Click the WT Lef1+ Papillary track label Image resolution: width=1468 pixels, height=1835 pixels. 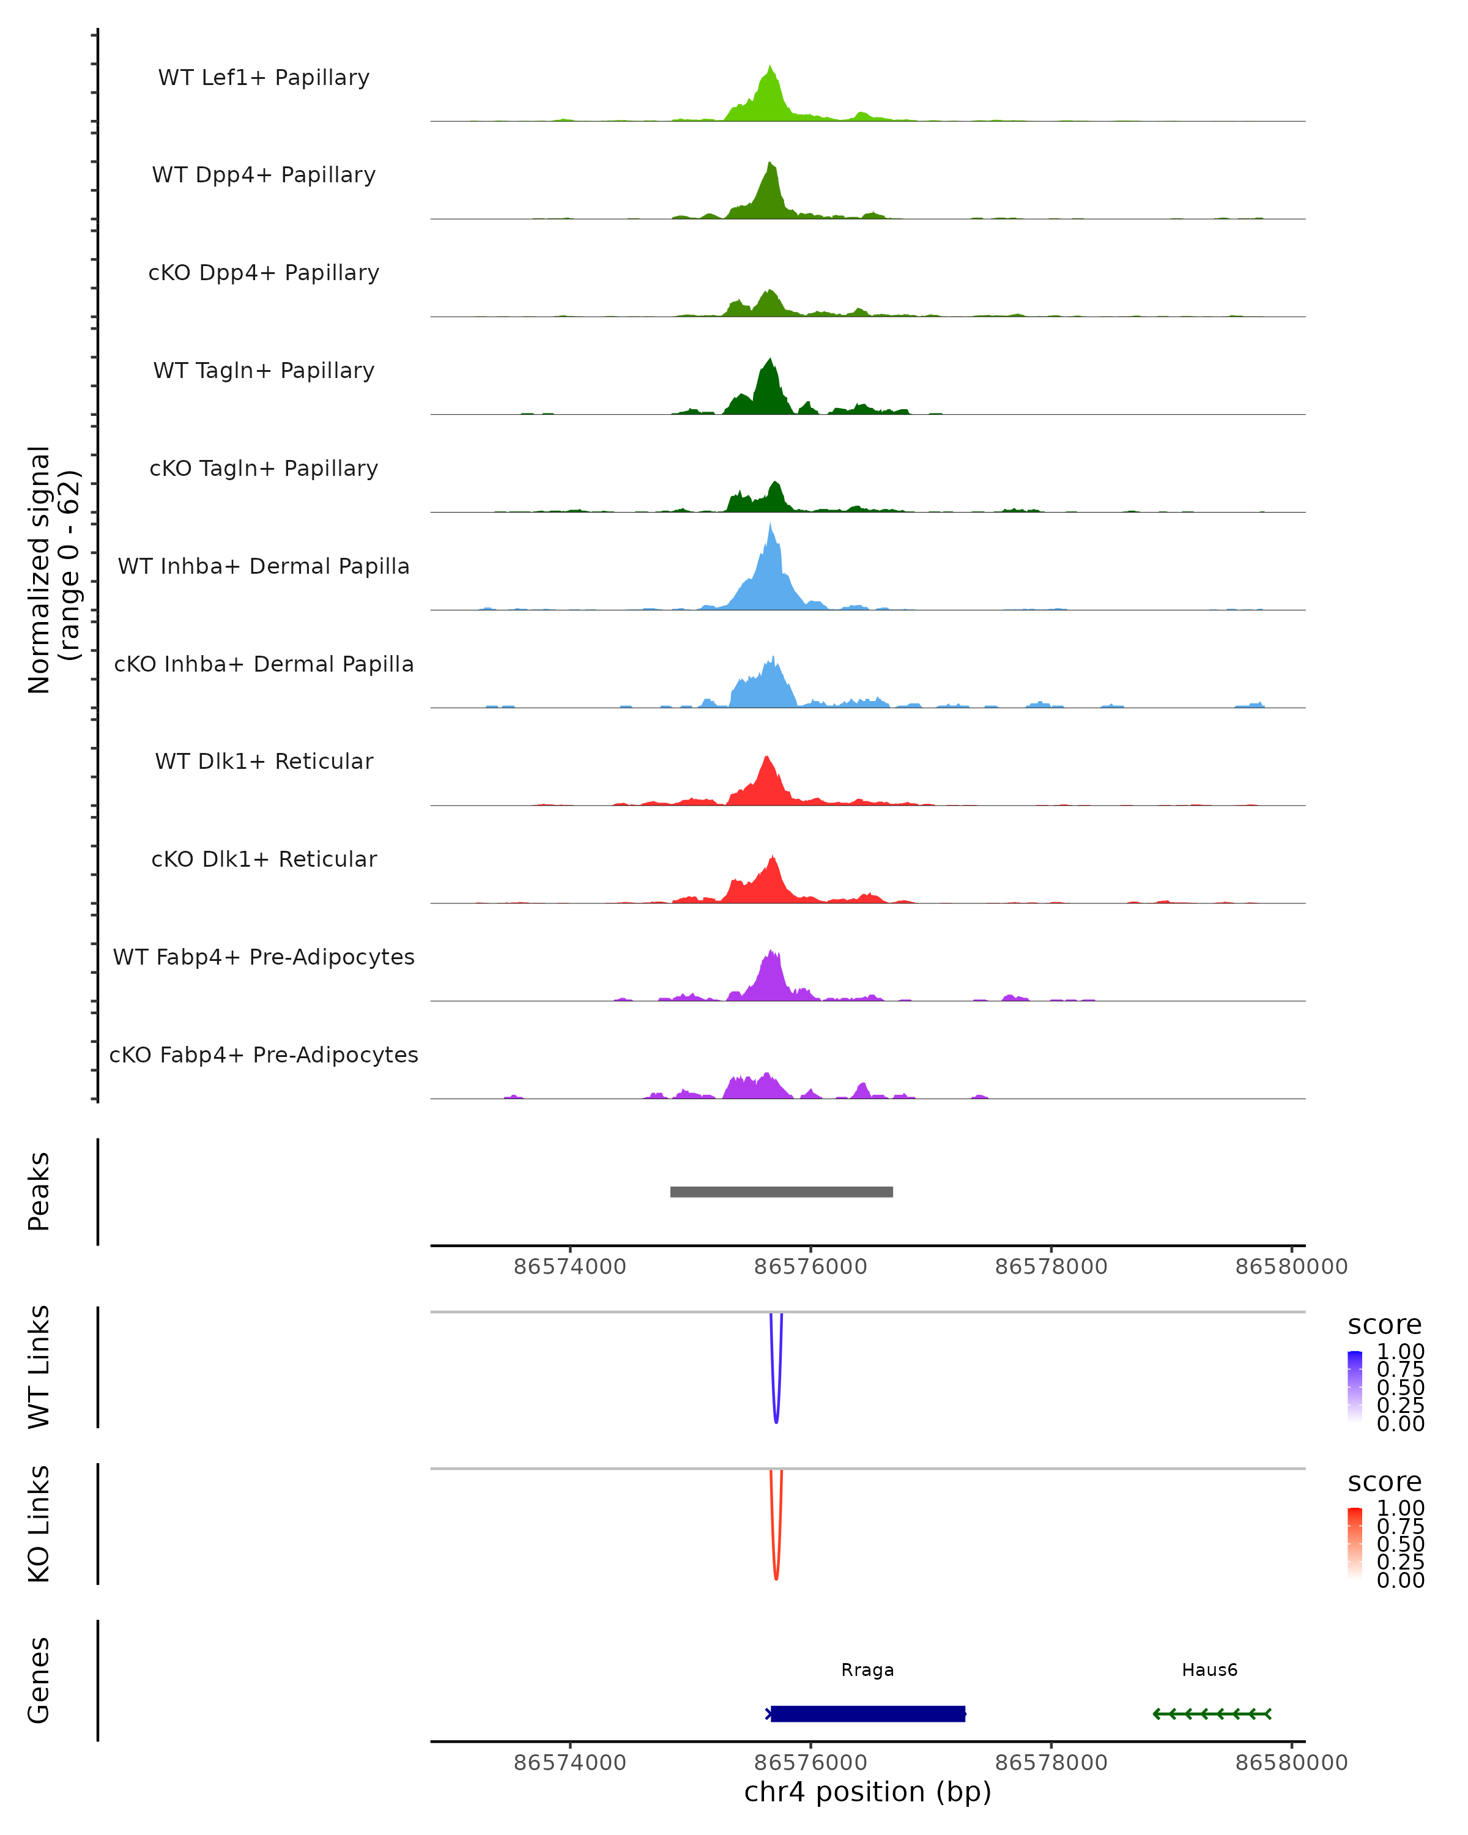[264, 78]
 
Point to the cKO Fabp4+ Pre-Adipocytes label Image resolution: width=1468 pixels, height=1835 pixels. [264, 1055]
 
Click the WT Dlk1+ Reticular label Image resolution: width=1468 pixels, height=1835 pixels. [264, 761]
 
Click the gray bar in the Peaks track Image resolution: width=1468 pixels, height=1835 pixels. [781, 1192]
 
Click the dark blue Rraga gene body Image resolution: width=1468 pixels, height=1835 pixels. [868, 1713]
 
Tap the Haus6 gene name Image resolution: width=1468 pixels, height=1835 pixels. [1209, 1670]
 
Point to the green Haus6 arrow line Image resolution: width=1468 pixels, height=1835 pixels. [1212, 1713]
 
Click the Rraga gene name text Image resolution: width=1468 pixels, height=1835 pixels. [867, 1670]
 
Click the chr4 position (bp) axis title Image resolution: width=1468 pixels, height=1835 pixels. [867, 1792]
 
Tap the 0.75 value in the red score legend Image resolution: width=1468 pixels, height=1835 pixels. [1400, 1526]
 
